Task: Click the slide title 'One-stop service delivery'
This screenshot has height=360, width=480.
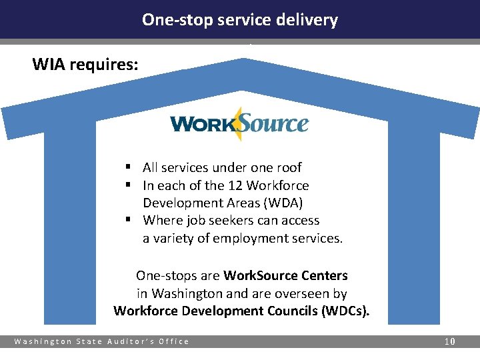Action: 240,20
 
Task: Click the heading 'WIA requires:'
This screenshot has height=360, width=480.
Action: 86,65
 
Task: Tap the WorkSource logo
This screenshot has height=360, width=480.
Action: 239,124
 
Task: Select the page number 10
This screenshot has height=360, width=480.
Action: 450,341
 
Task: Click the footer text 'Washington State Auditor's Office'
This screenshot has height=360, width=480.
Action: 102,341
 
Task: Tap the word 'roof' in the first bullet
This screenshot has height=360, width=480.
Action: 287,167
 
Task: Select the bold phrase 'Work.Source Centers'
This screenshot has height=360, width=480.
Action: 286,275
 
